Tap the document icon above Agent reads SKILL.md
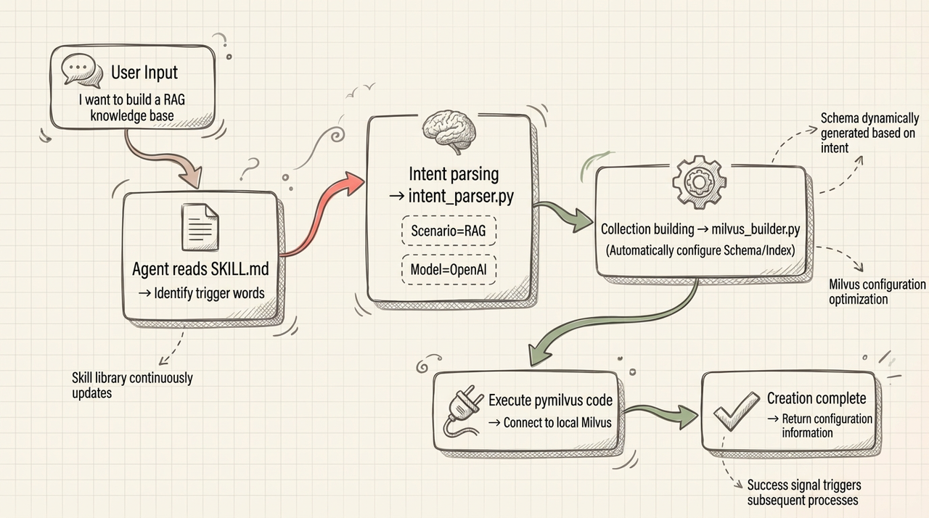coord(199,226)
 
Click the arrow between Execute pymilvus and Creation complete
coord(660,415)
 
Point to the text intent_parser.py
coord(460,196)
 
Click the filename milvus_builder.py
coord(754,229)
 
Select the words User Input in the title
coord(144,73)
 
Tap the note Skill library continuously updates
coord(132,385)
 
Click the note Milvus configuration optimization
coord(877,292)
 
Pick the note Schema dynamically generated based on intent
coord(869,133)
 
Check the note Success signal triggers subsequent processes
coord(803,493)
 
